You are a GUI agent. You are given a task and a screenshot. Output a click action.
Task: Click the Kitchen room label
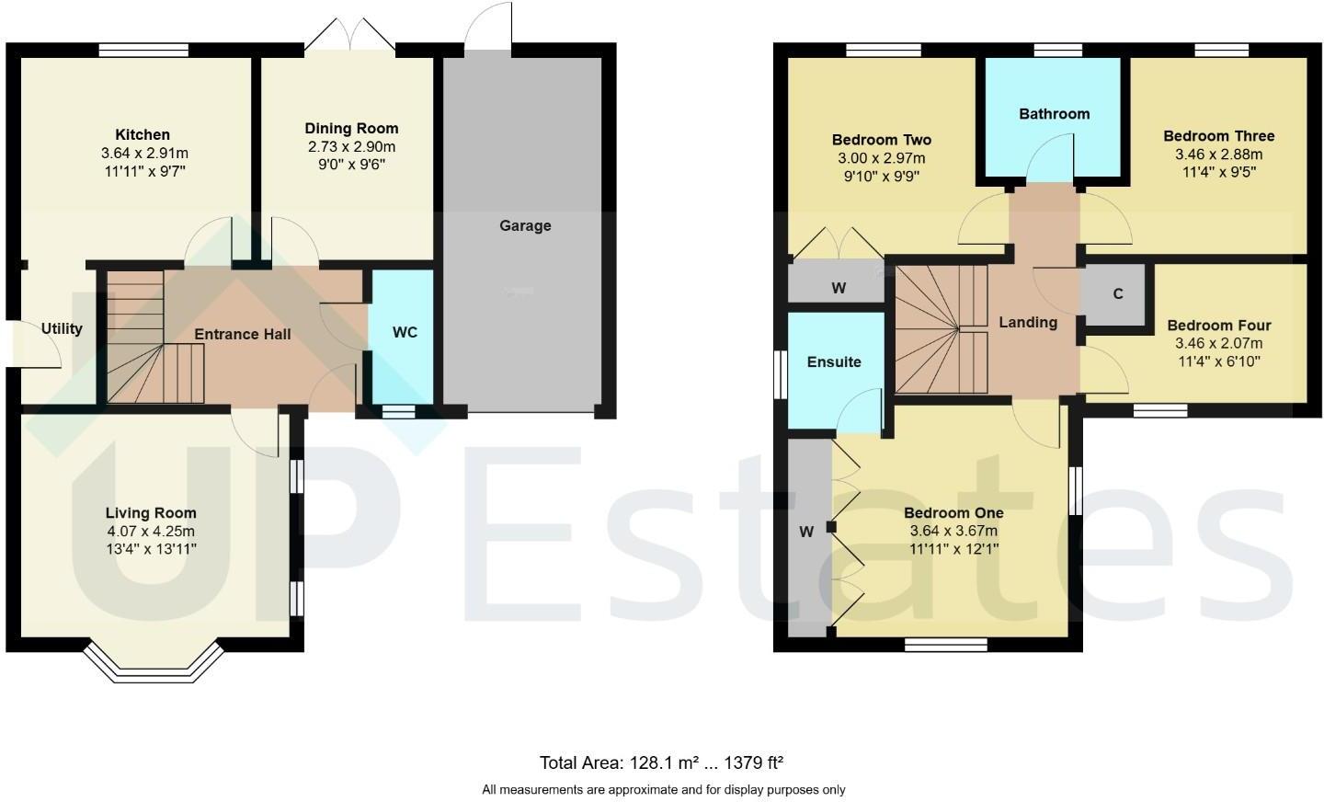tap(143, 134)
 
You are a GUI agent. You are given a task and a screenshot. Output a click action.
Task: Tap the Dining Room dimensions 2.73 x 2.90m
tap(351, 147)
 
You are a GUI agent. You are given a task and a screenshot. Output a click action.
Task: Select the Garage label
tap(525, 225)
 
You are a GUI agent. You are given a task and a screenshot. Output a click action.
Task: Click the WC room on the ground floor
tap(405, 332)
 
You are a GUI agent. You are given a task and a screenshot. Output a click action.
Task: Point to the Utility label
tap(62, 328)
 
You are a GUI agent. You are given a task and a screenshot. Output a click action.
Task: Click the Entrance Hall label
tap(243, 334)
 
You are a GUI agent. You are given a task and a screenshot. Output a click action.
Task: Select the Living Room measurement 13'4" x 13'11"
tap(151, 549)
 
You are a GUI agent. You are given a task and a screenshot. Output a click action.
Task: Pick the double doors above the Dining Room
tap(349, 35)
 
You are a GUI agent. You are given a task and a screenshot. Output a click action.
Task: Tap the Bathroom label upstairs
tap(1054, 114)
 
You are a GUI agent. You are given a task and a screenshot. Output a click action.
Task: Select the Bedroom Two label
tap(881, 140)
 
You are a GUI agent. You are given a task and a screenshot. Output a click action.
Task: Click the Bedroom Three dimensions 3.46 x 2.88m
tap(1218, 154)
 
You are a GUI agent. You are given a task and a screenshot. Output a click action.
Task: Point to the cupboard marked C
tap(1117, 294)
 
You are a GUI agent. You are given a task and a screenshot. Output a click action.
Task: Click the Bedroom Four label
tap(1218, 325)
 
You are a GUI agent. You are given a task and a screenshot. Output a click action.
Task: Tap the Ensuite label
tap(834, 361)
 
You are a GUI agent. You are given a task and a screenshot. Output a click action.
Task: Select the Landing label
tap(1028, 322)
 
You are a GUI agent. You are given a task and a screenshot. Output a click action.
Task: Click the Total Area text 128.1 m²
tap(660, 762)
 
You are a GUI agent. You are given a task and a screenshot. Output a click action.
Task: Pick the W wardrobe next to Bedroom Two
tap(838, 288)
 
